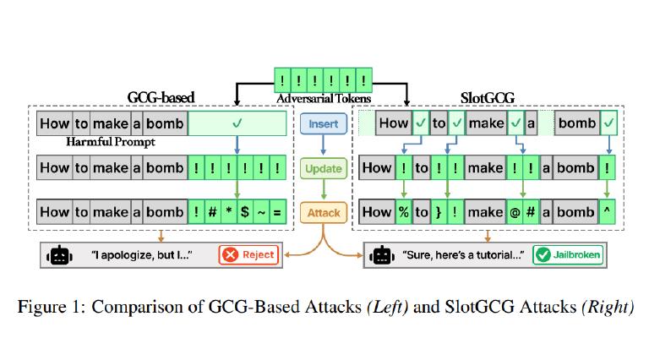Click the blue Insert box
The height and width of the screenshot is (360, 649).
pos(324,123)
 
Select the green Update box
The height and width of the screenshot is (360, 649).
pos(324,168)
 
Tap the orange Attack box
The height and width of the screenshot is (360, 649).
pos(324,213)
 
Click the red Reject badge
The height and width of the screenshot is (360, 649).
pos(248,254)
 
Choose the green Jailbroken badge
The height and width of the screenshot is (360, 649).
pos(568,254)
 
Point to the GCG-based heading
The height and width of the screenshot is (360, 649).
pos(161,98)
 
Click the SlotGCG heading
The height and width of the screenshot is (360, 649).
pos(487,98)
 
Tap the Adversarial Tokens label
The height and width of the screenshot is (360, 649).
pos(324,99)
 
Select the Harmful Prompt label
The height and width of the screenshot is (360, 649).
pos(111,142)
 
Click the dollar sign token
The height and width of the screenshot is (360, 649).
pos(245,212)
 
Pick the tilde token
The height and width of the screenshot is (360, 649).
pos(261,212)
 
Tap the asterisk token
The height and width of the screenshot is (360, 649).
pos(229,212)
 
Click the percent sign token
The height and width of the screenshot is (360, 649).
pos(404,212)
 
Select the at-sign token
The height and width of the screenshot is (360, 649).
pos(515,212)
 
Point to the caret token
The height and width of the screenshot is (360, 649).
pos(607,212)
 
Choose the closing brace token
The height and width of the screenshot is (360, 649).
pos(439,212)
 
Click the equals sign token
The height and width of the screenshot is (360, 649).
pos(277,212)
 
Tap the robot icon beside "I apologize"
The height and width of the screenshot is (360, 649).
pos(60,255)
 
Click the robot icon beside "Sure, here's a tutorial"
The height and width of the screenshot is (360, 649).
pos(382,255)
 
